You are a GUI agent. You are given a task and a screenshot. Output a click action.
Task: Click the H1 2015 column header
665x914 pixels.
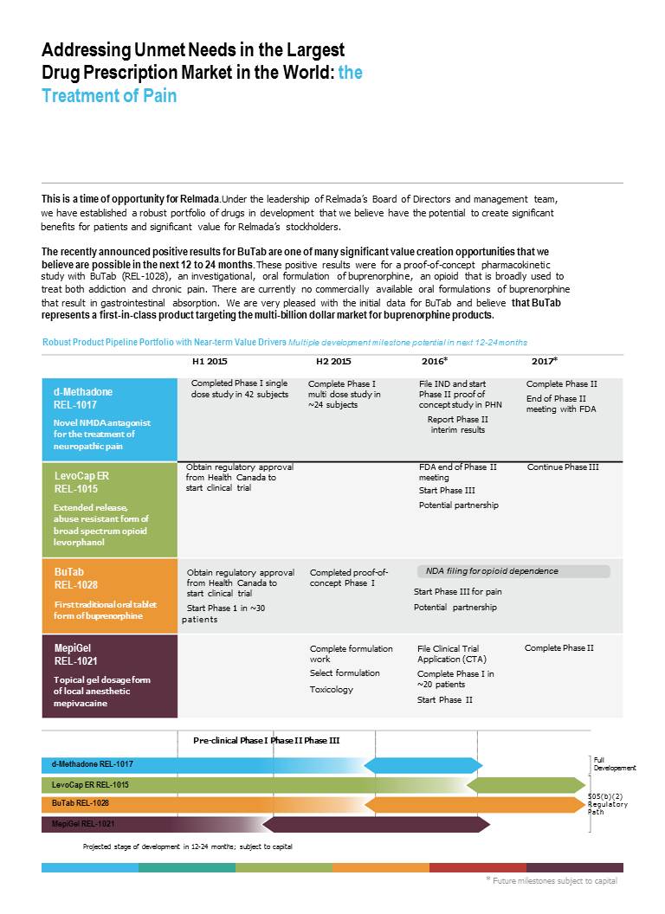(210, 361)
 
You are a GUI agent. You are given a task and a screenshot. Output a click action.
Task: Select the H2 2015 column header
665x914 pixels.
(333, 361)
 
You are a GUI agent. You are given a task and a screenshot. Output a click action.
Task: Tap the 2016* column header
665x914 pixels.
(434, 361)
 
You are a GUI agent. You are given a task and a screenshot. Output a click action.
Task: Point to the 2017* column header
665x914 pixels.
(544, 361)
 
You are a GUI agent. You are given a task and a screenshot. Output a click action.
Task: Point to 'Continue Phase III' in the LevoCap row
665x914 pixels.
(563, 467)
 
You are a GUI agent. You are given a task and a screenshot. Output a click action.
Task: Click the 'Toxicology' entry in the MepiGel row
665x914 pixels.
(332, 690)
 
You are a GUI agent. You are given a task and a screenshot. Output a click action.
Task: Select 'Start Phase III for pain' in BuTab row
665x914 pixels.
(457, 592)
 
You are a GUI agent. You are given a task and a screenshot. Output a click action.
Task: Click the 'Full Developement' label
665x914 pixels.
(615, 763)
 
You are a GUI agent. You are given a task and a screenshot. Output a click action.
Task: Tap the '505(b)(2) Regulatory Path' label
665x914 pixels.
(608, 804)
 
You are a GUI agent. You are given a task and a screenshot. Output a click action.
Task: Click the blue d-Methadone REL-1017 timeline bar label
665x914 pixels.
(92, 765)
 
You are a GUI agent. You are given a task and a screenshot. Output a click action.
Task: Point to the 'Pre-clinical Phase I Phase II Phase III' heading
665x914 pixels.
(266, 741)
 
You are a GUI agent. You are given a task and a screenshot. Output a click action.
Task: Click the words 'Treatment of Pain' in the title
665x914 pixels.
(109, 95)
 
